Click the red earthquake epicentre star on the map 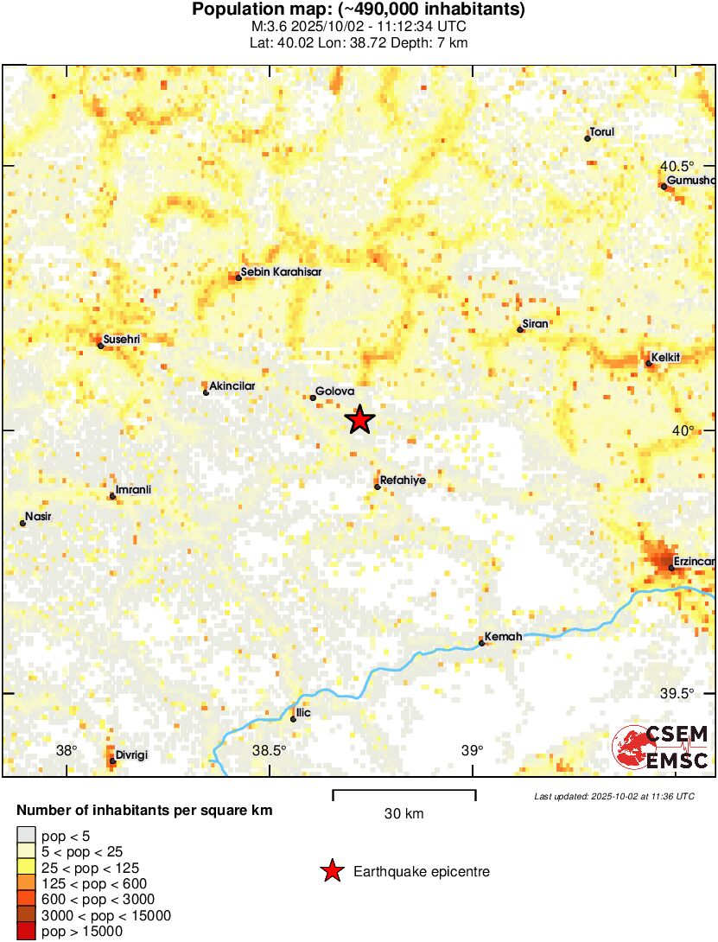tap(360, 419)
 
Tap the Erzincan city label tap(694, 562)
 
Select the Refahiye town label tap(403, 480)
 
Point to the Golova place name tap(335, 391)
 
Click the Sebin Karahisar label tap(281, 271)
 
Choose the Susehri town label tap(121, 339)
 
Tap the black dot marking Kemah tap(481, 642)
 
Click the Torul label tap(601, 131)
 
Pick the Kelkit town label tap(666, 357)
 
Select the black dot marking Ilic tap(294, 719)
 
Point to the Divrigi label tap(131, 754)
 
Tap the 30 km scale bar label tap(403, 813)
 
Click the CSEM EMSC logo tap(661, 748)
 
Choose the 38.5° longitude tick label tap(270, 749)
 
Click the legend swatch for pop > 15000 tap(27, 932)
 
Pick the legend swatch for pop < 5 tap(27, 835)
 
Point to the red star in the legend tap(332, 872)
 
